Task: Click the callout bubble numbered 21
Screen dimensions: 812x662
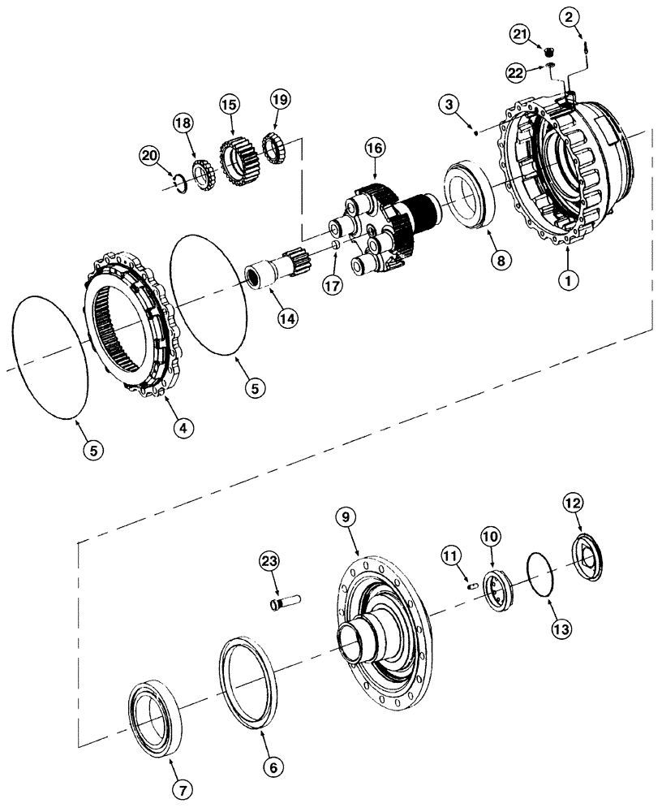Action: (520, 33)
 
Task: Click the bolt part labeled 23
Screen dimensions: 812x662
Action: (285, 603)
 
